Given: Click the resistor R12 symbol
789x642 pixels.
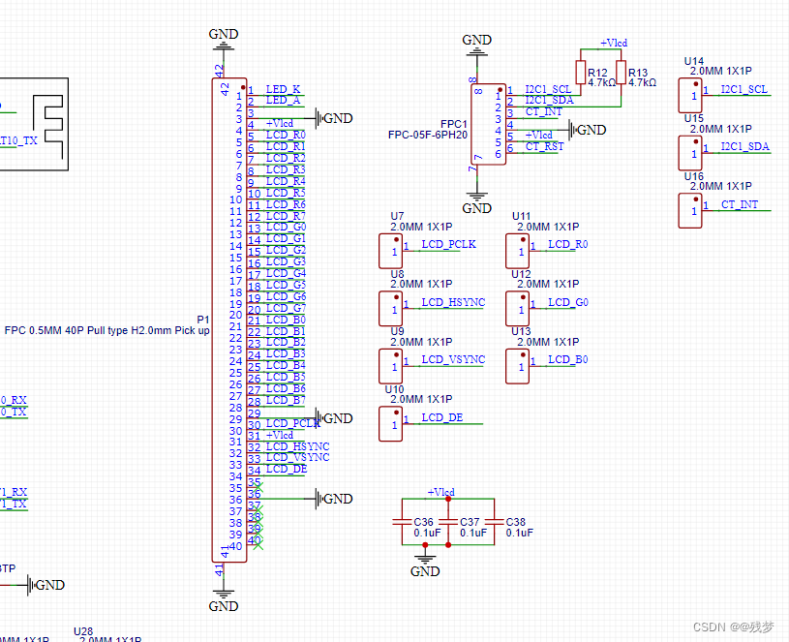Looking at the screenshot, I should (x=581, y=73).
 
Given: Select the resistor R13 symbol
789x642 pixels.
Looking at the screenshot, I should (x=620, y=73).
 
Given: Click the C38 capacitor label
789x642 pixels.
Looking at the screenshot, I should (x=515, y=522).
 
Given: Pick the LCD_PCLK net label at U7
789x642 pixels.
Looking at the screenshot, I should (x=448, y=244).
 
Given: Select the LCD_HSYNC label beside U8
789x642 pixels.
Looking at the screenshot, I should (x=452, y=302).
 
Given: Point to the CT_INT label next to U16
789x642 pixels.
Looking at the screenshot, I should (x=740, y=204).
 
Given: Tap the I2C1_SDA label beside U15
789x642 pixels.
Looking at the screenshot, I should (x=744, y=146).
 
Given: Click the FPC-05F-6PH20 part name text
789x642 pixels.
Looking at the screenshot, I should (x=427, y=136).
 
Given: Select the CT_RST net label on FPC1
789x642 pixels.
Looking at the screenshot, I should (x=544, y=147).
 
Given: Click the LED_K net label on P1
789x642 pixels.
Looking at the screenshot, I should (x=283, y=88).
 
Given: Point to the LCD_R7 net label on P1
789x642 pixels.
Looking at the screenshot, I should (x=286, y=216).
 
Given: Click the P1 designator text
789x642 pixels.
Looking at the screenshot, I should (x=202, y=319).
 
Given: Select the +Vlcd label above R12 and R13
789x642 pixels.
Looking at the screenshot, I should (x=613, y=43).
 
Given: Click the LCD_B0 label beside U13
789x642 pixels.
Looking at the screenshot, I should (x=567, y=359).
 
